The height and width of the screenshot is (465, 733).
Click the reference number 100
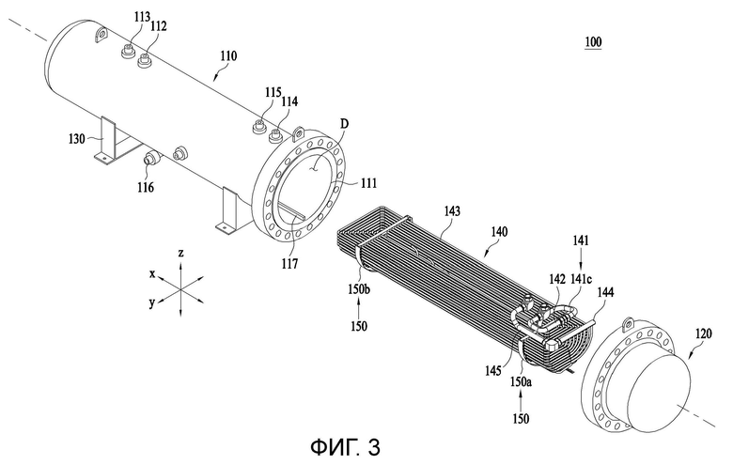(593, 42)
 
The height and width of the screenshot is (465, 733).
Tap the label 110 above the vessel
(228, 56)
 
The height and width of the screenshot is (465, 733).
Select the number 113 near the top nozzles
(142, 17)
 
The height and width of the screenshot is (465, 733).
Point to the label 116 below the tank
(146, 187)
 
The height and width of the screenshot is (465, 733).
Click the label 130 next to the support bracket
(76, 138)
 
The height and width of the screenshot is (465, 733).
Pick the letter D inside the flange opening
(344, 124)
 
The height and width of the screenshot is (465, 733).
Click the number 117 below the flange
(289, 265)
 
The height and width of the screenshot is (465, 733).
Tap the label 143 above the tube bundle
(452, 211)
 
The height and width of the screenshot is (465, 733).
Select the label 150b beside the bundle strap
(359, 289)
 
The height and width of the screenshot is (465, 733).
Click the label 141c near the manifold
(582, 279)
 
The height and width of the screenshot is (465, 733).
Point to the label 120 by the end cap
(704, 333)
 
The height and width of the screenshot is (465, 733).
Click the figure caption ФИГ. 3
(346, 447)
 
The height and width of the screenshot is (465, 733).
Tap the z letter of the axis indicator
(181, 254)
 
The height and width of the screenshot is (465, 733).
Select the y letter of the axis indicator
(152, 302)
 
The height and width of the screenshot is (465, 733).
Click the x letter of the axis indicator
(152, 274)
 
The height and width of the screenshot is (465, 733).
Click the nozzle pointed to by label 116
(151, 158)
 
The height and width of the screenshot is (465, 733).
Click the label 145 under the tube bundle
(492, 372)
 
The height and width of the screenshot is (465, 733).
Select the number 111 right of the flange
(368, 183)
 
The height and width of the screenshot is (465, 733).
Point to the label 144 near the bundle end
(605, 293)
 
